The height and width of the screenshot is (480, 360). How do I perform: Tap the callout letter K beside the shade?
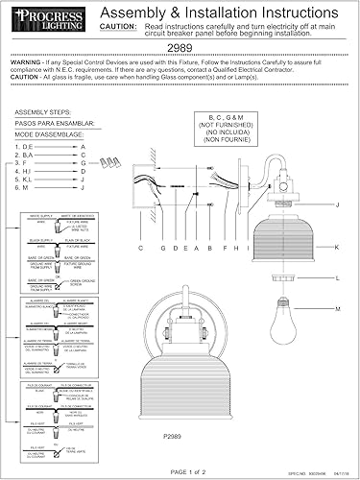(337, 247)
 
